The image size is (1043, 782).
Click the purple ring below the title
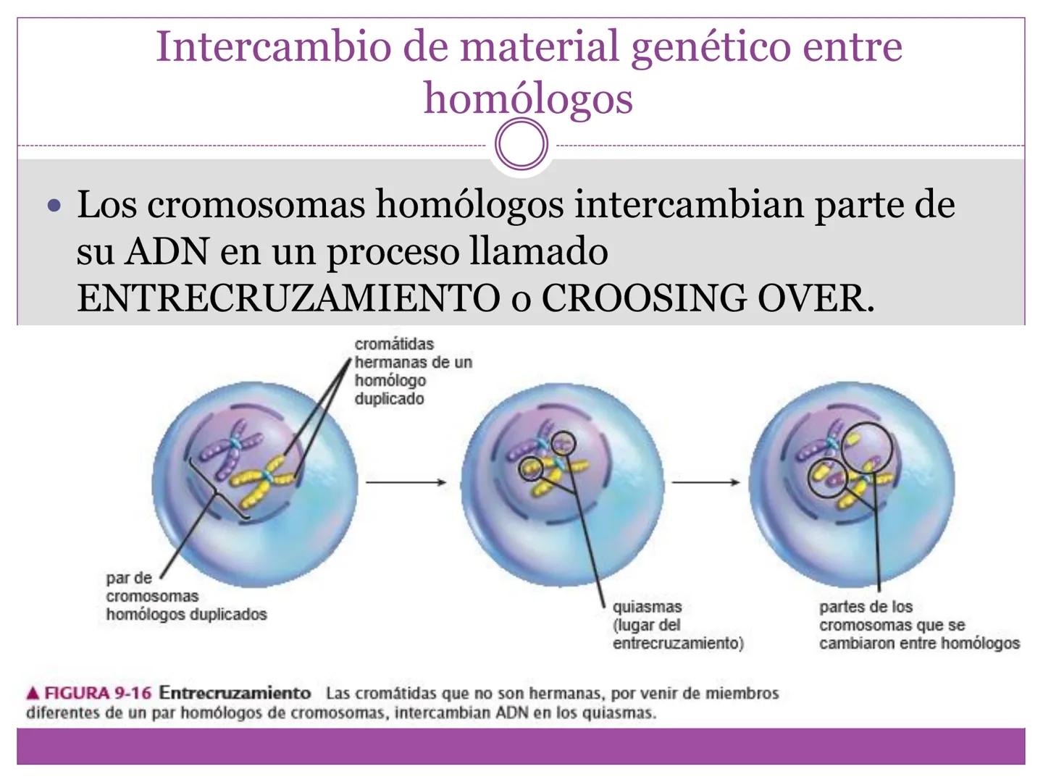point(521,144)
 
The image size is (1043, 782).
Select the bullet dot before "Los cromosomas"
point(54,206)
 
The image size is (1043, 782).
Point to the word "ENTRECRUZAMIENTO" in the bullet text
point(288,298)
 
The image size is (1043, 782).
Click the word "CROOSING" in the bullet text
point(644,298)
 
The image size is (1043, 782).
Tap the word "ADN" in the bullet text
point(167,252)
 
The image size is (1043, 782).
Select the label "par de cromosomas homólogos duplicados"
point(186,597)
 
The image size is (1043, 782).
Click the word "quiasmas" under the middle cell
point(648,607)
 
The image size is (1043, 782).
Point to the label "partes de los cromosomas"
point(892,615)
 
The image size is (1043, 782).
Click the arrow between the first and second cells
point(406,482)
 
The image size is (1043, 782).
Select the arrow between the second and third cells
point(705,482)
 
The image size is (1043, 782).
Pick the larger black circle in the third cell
point(867,447)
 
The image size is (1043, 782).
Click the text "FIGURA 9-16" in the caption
point(98,693)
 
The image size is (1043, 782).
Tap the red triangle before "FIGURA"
point(33,694)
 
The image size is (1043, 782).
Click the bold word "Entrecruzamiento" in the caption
point(235,693)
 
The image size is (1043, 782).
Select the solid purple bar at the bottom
point(521,747)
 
